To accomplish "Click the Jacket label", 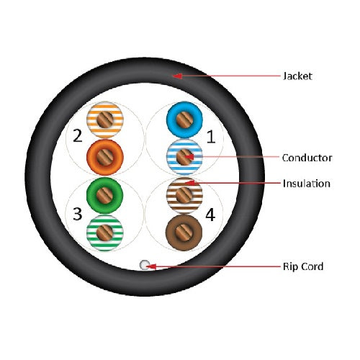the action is (297, 76).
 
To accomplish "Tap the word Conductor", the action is (307, 158).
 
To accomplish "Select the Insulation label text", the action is (307, 184).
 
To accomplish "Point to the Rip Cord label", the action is (303, 266).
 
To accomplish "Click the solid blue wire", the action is (184, 120).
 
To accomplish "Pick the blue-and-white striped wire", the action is (184, 157).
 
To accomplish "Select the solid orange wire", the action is (105, 157).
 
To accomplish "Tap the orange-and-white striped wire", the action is (105, 120).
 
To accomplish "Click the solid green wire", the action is (105, 195).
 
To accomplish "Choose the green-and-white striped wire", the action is (105, 233).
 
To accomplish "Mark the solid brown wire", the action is (184, 233).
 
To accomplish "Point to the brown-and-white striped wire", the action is (184, 195).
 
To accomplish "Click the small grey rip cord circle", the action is (145, 265).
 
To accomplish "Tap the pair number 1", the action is (211, 137).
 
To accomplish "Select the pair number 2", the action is (78, 135).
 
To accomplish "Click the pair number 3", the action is (77, 214).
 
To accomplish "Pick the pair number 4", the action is (210, 215).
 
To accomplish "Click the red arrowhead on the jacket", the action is (178, 76).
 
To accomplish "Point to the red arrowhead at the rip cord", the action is (151, 266).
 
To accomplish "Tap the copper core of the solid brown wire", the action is (184, 233).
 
